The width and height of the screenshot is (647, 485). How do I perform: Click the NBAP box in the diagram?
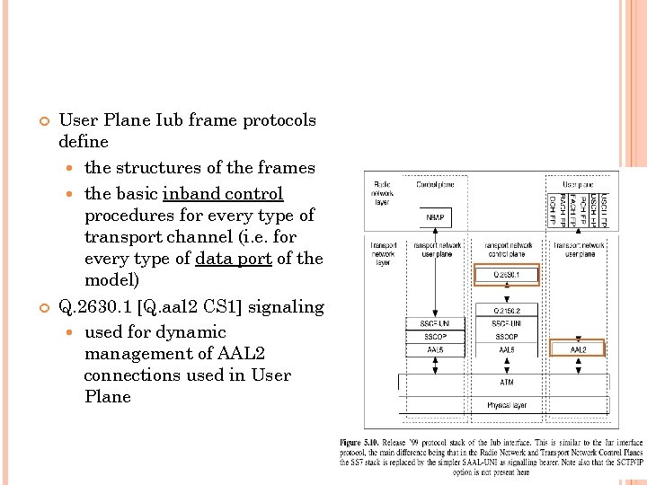coord(435,218)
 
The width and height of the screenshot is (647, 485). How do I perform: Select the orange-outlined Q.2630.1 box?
coord(506,275)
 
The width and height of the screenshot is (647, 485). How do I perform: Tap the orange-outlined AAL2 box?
coord(578,348)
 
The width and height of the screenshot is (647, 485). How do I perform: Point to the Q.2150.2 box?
coord(506,310)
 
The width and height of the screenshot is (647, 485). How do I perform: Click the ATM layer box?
coord(507,382)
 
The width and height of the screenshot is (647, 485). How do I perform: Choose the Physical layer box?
coord(507,405)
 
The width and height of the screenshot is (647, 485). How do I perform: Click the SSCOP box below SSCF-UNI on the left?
coord(435,336)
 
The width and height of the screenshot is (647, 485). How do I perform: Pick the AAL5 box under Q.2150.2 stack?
coord(506,348)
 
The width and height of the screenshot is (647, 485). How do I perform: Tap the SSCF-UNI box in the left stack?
coord(435,322)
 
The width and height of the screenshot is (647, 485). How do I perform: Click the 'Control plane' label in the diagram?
coord(435,185)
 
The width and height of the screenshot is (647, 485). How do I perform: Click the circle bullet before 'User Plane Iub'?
coord(41,121)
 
